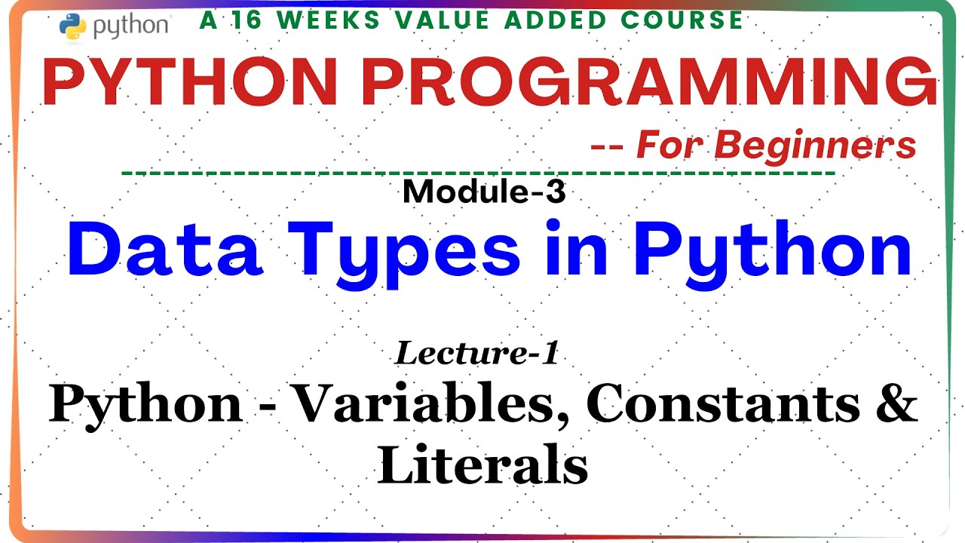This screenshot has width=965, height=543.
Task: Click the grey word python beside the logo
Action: tap(130, 26)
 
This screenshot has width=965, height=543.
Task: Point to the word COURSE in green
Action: tap(685, 20)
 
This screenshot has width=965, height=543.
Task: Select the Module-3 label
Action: tap(483, 193)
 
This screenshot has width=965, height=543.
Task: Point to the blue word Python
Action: tap(772, 253)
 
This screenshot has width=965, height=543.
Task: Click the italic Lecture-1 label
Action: tap(476, 353)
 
